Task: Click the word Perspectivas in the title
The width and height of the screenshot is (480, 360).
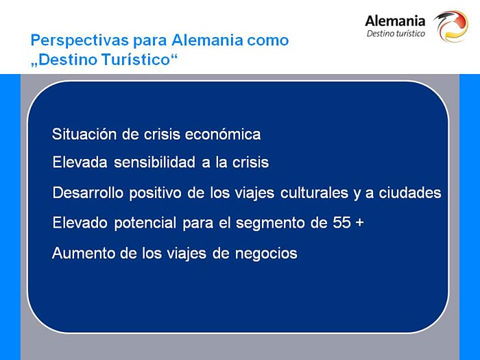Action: pyautogui.click(x=80, y=40)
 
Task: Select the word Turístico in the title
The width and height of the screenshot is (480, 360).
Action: pyautogui.click(x=135, y=60)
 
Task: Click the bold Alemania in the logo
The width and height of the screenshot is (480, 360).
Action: pyautogui.click(x=395, y=21)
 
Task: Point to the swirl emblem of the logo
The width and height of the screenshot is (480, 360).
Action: pyautogui.click(x=451, y=26)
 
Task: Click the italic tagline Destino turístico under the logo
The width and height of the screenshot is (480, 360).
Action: pyautogui.click(x=396, y=34)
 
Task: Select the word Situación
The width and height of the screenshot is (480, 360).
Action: pyautogui.click(x=84, y=134)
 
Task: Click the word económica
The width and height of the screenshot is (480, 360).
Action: pyautogui.click(x=223, y=134)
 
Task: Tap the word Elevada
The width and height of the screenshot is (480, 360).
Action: pyautogui.click(x=80, y=163)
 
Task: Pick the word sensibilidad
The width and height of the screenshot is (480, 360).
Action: pyautogui.click(x=154, y=163)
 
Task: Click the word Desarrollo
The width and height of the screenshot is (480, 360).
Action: pyautogui.click(x=88, y=193)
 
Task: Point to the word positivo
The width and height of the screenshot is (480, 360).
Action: pyautogui.click(x=155, y=193)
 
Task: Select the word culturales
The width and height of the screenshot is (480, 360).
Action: pyautogui.click(x=314, y=193)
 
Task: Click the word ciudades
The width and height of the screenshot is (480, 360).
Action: pyautogui.click(x=410, y=193)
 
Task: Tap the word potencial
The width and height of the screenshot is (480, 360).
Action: pyautogui.click(x=145, y=223)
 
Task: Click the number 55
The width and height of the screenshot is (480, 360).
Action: pyautogui.click(x=341, y=223)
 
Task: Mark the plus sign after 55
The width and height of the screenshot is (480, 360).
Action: pyautogui.click(x=360, y=223)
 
